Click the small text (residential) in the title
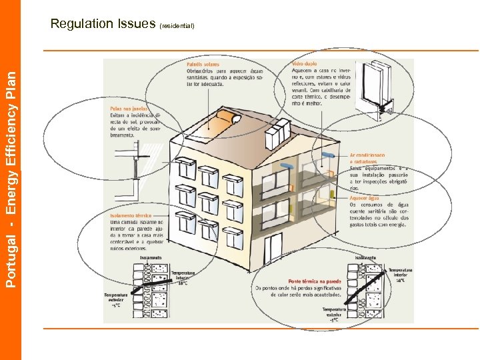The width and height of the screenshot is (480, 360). [177, 26]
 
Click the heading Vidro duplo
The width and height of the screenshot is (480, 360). [305, 64]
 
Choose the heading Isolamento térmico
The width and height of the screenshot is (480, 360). [131, 216]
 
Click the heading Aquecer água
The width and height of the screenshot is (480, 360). [364, 198]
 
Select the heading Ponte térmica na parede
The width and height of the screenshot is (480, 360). [314, 281]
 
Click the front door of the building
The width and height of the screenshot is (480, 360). [273, 247]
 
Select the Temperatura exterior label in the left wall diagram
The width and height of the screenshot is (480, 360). [116, 299]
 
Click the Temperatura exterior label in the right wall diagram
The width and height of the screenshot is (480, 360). [334, 314]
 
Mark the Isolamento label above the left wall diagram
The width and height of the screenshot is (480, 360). [151, 257]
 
